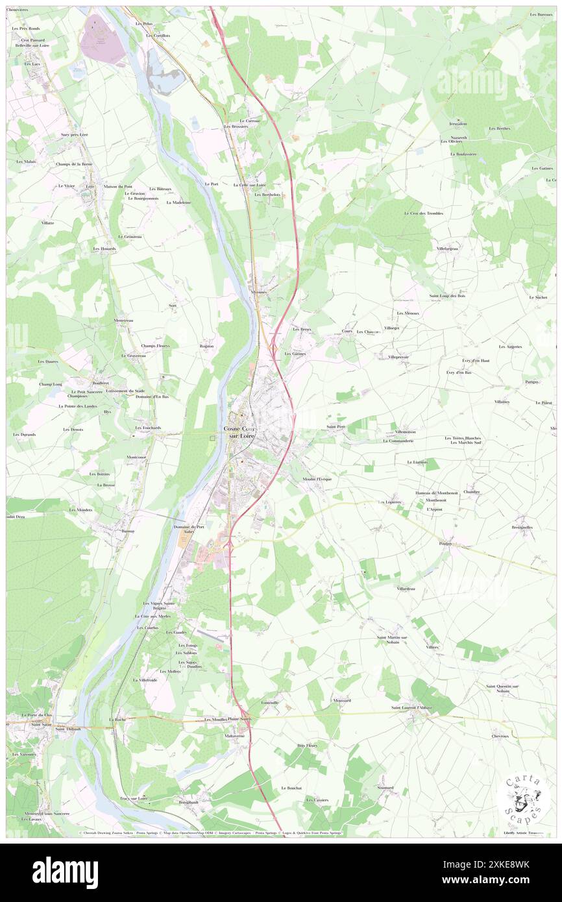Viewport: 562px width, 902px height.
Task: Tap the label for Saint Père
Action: point(335,426)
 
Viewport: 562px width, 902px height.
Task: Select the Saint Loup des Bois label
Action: point(447,296)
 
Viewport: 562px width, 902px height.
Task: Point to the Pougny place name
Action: point(445,543)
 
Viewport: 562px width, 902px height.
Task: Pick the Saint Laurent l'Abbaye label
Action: point(411,707)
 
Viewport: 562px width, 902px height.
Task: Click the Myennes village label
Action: point(259,293)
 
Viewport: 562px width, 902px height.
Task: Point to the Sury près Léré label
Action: point(73,134)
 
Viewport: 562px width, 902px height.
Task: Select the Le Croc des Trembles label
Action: point(423,213)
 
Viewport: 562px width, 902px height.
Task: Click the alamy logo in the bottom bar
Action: point(65,873)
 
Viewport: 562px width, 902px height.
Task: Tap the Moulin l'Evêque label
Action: point(317,479)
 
